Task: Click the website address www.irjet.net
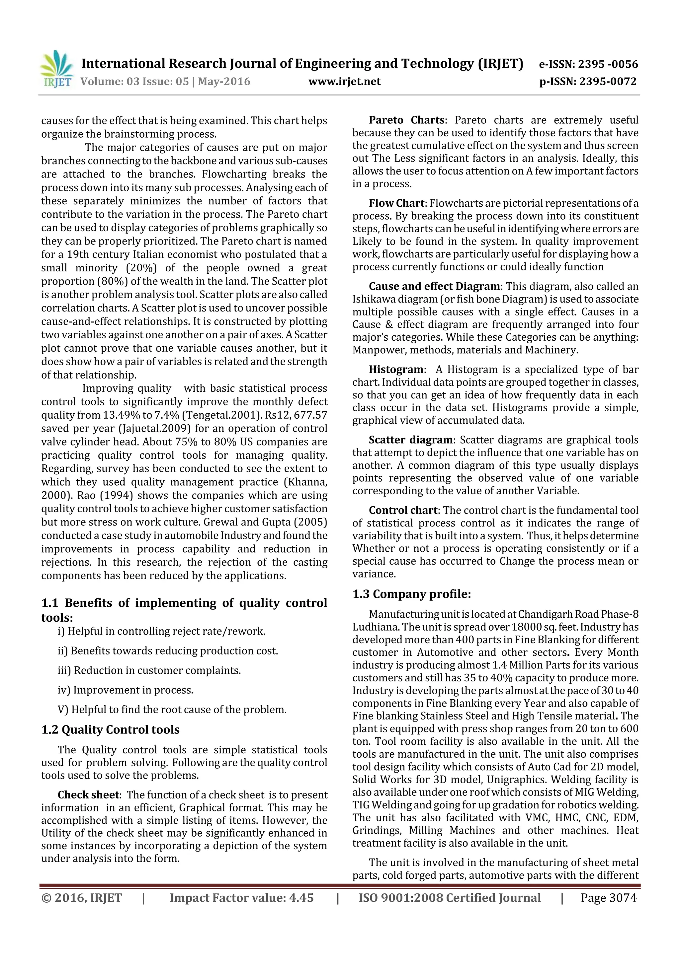[x=344, y=81]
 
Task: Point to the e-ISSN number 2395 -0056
[x=608, y=64]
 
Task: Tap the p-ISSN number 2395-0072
[x=608, y=81]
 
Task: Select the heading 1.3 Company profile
[x=411, y=594]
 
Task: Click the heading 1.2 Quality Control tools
[x=110, y=729]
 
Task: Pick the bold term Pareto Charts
[x=406, y=120]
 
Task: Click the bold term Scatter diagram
[x=410, y=440]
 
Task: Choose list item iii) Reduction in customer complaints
[x=149, y=670]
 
